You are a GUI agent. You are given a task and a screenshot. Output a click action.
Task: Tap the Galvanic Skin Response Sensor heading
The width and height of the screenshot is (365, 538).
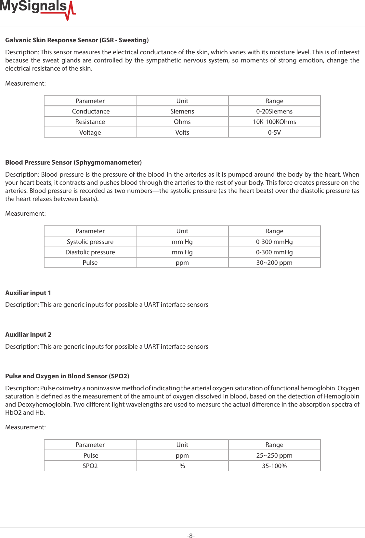point(77,40)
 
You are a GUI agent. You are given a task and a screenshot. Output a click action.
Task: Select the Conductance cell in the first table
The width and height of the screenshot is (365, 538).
point(90,111)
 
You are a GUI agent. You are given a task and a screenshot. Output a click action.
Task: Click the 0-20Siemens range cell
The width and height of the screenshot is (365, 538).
point(274,111)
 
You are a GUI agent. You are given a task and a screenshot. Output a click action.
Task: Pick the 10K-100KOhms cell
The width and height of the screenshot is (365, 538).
point(274,122)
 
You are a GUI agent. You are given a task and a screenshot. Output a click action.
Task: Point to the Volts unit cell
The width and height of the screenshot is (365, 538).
point(182,132)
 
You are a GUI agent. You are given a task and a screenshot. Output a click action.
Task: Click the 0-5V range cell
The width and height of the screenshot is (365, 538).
point(274,132)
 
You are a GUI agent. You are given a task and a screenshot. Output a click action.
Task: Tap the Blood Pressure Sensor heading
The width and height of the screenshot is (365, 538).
point(73,162)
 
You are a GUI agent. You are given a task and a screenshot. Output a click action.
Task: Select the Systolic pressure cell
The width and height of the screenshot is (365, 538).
point(90,242)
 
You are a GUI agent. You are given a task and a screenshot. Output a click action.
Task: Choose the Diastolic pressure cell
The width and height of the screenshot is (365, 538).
point(90,252)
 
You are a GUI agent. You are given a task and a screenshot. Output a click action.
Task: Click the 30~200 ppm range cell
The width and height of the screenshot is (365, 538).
point(274,262)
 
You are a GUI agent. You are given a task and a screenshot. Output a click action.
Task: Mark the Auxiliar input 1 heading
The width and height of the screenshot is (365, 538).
point(28,293)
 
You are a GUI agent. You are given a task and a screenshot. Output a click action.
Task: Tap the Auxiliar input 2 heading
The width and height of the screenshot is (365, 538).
point(28,334)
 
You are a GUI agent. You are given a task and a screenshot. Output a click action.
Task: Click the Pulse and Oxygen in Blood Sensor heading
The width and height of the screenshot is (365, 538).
point(67,376)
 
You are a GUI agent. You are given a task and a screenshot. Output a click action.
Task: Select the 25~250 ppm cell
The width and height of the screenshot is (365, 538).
point(274,455)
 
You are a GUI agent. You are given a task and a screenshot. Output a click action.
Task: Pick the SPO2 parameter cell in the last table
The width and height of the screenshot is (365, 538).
point(90,466)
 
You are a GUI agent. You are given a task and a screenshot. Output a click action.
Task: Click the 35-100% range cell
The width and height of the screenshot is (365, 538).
point(274,466)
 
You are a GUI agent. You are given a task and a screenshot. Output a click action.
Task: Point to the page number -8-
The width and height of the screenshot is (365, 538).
point(191,536)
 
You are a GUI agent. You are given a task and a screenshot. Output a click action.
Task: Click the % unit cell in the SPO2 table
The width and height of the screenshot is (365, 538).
point(182,466)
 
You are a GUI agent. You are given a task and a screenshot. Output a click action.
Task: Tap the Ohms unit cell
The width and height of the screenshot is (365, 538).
point(182,122)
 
